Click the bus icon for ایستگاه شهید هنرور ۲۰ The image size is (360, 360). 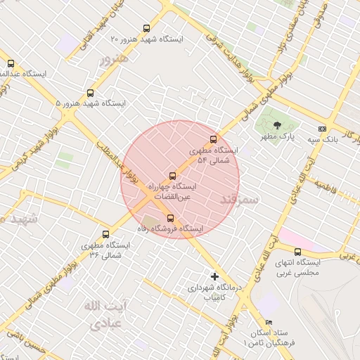click(x=146, y=29)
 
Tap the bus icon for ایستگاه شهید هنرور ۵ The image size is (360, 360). click(x=90, y=93)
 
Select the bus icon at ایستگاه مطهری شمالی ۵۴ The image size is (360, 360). click(x=214, y=139)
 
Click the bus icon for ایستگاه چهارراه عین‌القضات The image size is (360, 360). click(x=173, y=176)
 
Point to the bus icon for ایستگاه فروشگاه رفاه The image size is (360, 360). click(x=170, y=217)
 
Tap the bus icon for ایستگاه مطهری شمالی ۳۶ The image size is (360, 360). click(x=106, y=234)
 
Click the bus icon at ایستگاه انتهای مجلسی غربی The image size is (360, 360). click(x=297, y=252)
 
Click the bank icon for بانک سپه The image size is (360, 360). click(x=322, y=129)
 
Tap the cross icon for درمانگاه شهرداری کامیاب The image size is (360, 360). click(x=215, y=276)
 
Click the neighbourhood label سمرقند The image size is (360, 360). click(x=240, y=200)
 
